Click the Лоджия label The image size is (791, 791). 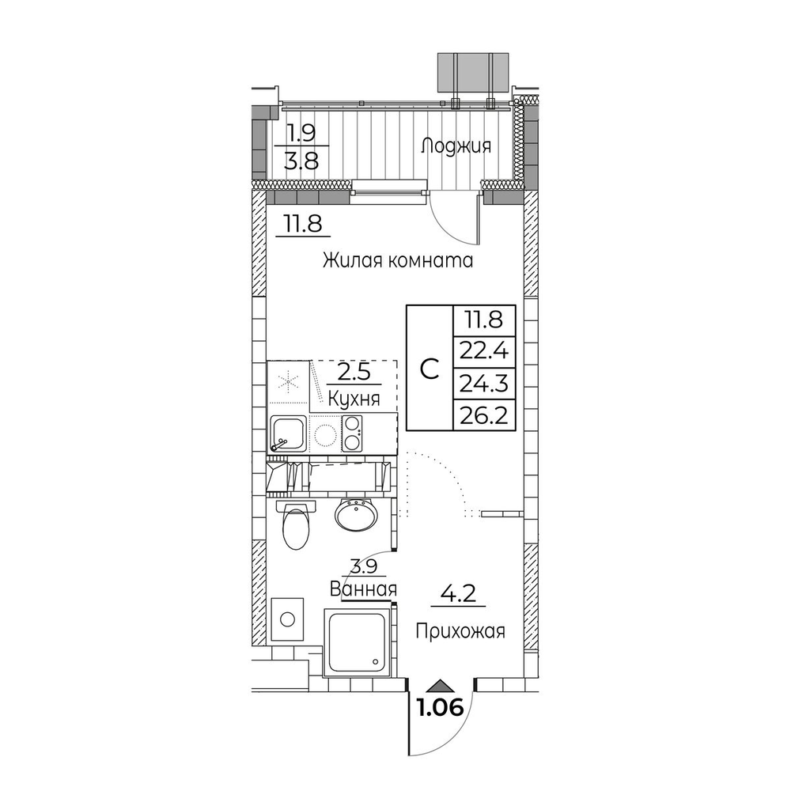click(x=456, y=147)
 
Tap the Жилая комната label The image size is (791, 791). click(x=398, y=260)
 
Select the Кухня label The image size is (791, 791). click(x=353, y=399)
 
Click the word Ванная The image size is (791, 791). click(x=363, y=589)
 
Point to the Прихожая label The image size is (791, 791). click(x=460, y=631)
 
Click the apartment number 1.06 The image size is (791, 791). click(x=440, y=708)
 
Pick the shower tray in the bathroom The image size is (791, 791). click(x=358, y=642)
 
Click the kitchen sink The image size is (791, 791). click(x=288, y=433)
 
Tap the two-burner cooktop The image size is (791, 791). click(x=352, y=433)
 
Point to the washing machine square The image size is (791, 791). click(x=287, y=619)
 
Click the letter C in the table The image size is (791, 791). click(x=430, y=369)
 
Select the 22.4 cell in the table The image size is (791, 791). click(x=484, y=352)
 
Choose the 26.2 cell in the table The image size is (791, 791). click(x=484, y=415)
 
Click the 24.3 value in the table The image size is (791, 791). click(x=484, y=384)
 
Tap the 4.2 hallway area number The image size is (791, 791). click(x=459, y=593)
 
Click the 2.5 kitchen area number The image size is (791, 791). click(x=354, y=373)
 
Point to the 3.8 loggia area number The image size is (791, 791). click(x=301, y=161)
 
